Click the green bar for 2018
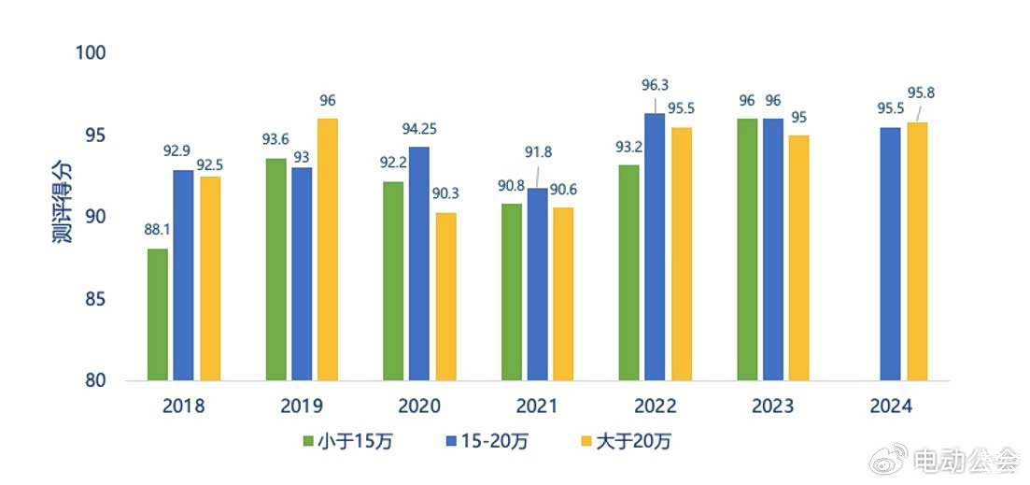coord(158,315)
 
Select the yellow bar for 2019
coord(327,250)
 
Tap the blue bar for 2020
coord(418,264)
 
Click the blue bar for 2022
coord(655,247)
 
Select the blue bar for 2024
coord(890,254)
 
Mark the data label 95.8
coord(922,92)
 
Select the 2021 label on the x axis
coord(536,407)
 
